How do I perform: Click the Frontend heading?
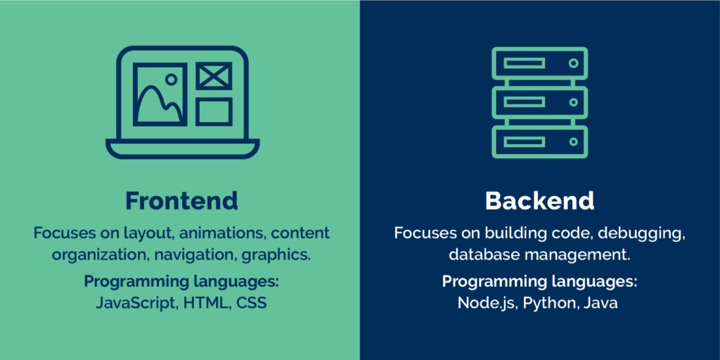(181, 201)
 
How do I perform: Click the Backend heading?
(539, 201)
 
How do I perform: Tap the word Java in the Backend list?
(602, 304)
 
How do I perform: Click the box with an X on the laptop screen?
(214, 75)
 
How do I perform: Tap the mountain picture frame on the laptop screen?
(160, 95)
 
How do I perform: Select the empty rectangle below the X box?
(214, 111)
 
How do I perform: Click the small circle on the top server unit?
(573, 63)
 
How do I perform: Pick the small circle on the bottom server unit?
(573, 141)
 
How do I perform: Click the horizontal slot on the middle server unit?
(525, 103)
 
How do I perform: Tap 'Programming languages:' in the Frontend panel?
(181, 282)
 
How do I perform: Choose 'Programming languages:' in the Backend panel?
(539, 282)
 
